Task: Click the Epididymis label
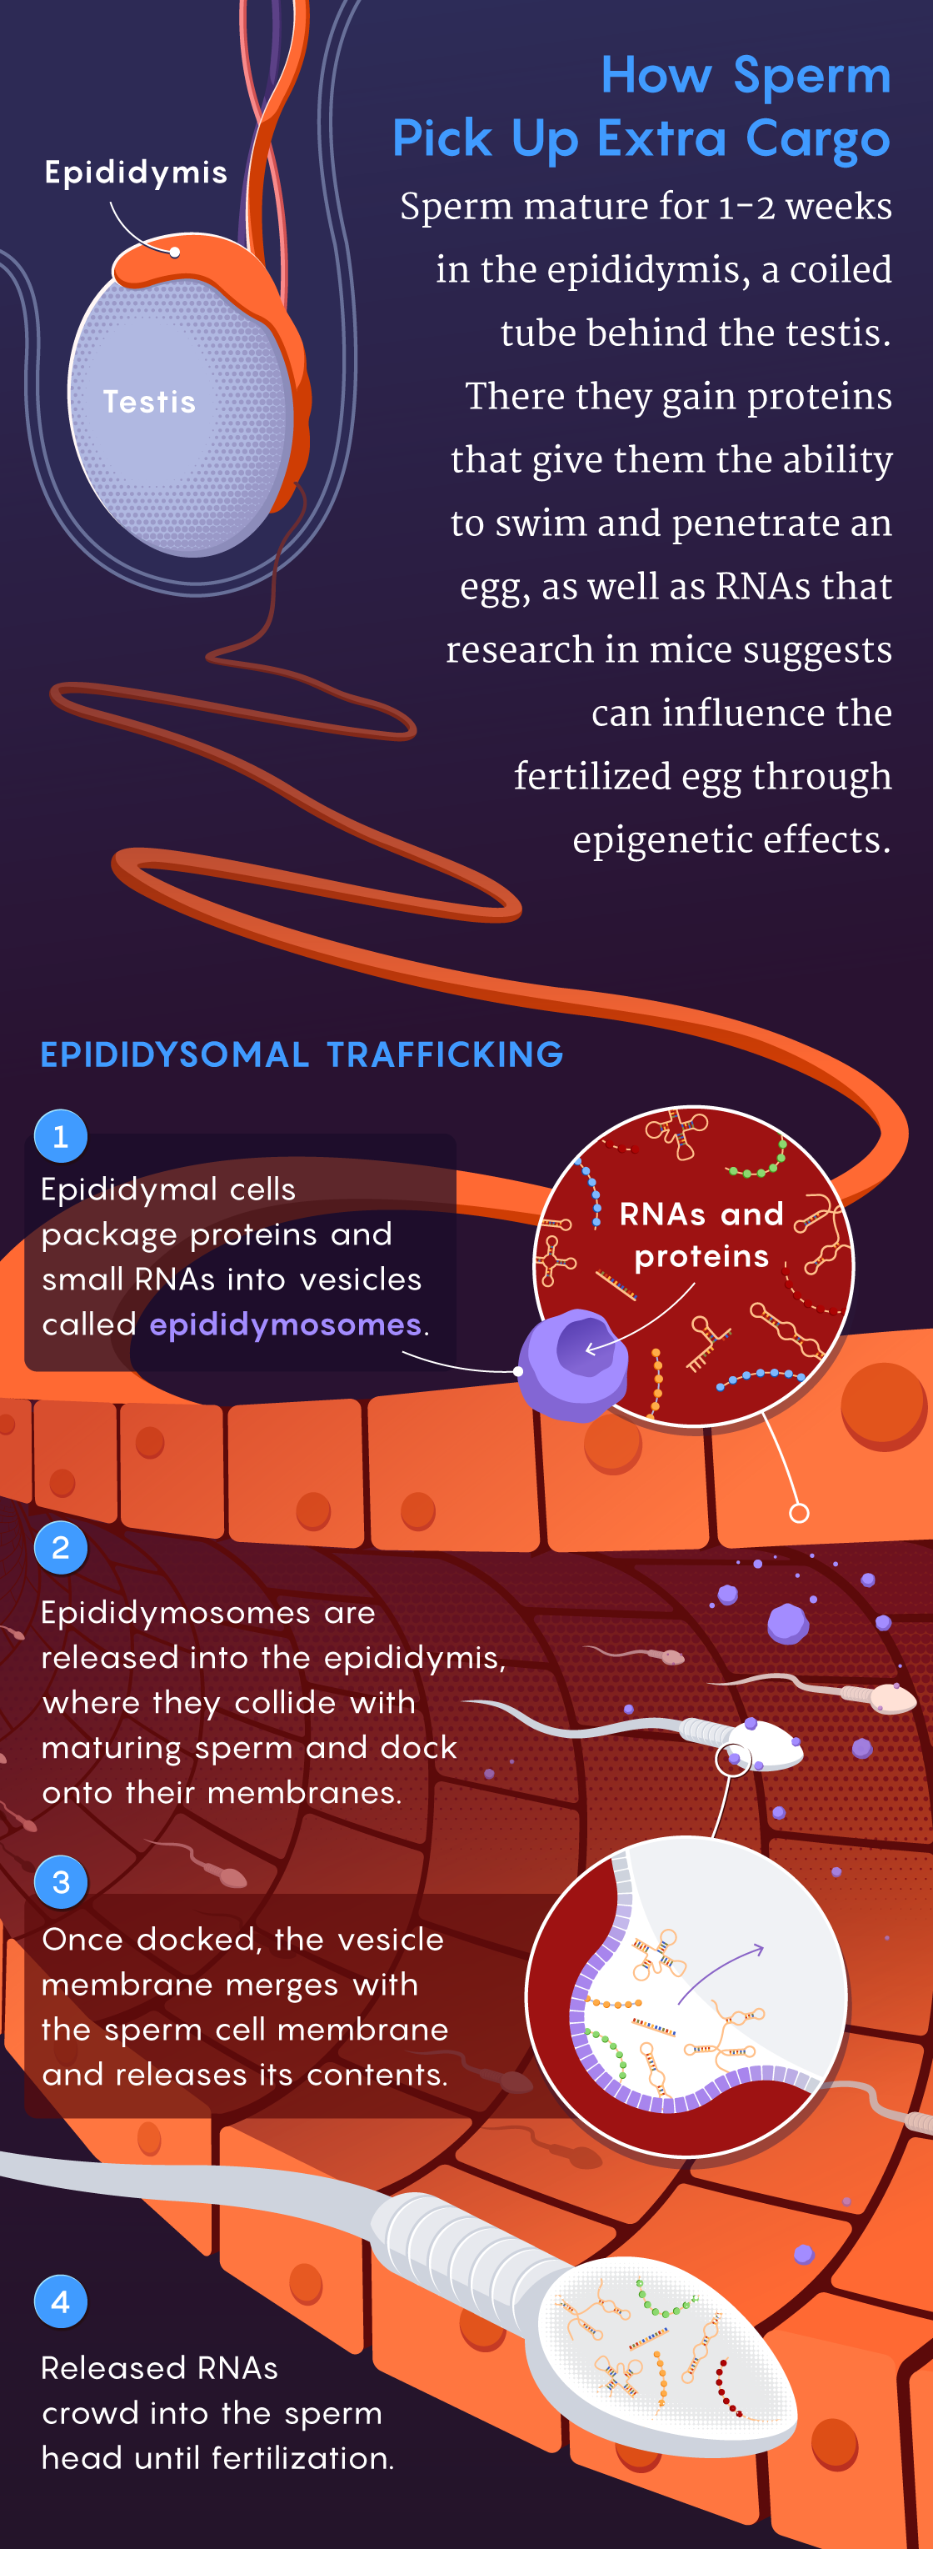coord(136,173)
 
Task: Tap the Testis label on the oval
coord(149,401)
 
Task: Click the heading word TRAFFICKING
coord(444,1054)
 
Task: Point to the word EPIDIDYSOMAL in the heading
coord(174,1054)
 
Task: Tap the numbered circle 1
coord(60,1136)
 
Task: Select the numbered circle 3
coord(60,1881)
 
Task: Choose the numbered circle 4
coord(60,2301)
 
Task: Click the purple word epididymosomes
coord(285,1324)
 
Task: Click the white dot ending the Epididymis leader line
coord(175,252)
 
